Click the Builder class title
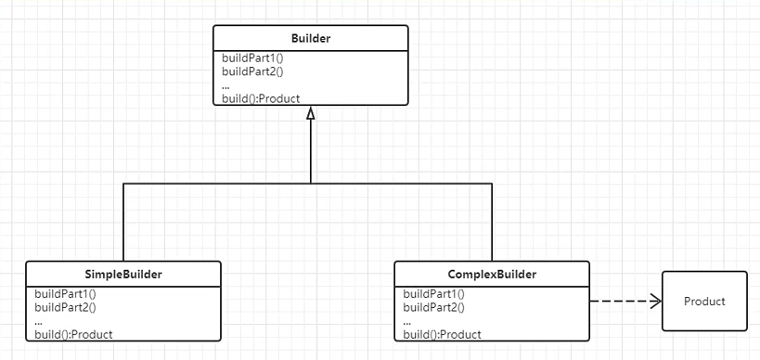pyautogui.click(x=310, y=38)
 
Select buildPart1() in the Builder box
pyautogui.click(x=252, y=58)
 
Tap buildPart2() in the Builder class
pyautogui.click(x=252, y=71)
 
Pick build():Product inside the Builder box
pyautogui.click(x=261, y=98)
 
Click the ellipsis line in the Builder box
pyautogui.click(x=226, y=84)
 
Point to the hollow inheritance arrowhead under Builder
pyautogui.click(x=311, y=113)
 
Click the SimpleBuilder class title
pyautogui.click(x=122, y=275)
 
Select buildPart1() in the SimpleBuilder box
pyautogui.click(x=65, y=293)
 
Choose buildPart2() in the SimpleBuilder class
pyautogui.click(x=65, y=306)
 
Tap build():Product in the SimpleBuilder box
pyautogui.click(x=73, y=334)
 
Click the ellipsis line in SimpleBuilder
pyautogui.click(x=39, y=320)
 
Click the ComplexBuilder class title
pyautogui.click(x=491, y=275)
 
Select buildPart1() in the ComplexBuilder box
pyautogui.click(x=434, y=293)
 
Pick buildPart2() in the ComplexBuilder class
pyautogui.click(x=434, y=306)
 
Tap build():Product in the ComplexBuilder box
pyautogui.click(x=443, y=334)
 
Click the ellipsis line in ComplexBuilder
pyautogui.click(x=408, y=320)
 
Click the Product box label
pyautogui.click(x=704, y=302)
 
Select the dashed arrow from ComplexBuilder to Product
pyautogui.click(x=622, y=302)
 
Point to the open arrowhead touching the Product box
pyautogui.click(x=655, y=302)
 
